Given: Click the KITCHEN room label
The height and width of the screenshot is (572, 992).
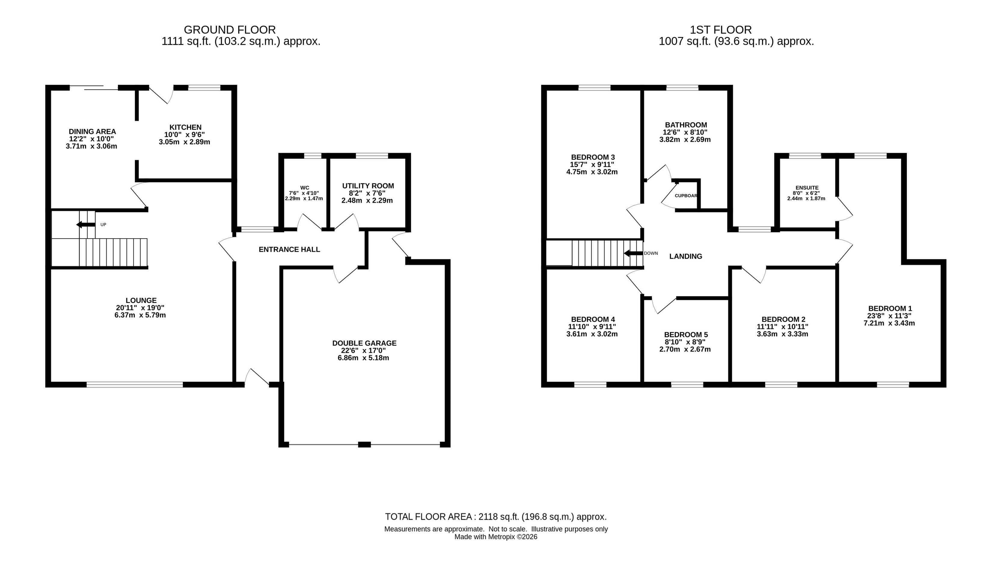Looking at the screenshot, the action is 185,127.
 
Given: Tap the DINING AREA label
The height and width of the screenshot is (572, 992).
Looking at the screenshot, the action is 92,132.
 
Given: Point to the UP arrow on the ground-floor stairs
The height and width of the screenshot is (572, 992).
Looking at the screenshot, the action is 86,224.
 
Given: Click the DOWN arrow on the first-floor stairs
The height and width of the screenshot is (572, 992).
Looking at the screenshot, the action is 633,253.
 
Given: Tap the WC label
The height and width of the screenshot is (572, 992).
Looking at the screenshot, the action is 305,188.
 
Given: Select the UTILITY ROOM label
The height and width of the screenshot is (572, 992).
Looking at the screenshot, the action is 368,186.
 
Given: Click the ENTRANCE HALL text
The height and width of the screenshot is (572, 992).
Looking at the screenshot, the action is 289,249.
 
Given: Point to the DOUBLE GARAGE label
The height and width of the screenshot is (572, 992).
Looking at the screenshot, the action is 364,343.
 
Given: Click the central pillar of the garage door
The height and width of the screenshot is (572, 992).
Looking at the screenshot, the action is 364,445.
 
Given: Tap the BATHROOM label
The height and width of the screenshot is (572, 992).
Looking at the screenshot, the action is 686,125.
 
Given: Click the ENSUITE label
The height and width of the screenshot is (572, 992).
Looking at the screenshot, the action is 807,188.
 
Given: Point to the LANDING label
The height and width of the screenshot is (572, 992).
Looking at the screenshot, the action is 685,257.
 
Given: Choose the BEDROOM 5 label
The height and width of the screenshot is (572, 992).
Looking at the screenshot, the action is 686,335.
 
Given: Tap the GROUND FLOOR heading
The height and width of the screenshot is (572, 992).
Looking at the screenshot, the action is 230,30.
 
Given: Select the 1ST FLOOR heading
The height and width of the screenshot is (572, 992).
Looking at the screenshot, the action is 721,30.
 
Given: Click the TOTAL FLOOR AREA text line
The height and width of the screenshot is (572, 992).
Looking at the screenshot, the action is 496,517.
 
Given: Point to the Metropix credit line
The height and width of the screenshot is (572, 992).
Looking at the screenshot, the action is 496,537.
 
